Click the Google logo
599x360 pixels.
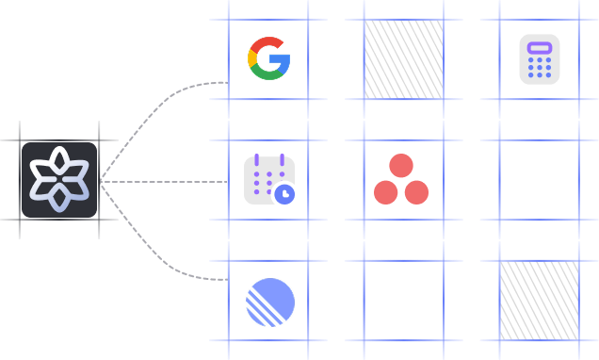268,58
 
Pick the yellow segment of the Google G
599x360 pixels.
251,58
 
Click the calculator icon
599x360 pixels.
540,59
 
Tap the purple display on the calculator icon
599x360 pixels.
540,47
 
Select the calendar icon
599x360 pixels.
267,180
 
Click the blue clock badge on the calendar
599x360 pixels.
283,194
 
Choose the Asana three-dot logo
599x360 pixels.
401,179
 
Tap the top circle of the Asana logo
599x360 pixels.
401,166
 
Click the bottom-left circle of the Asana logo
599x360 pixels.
386,192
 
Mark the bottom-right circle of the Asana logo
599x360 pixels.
416,192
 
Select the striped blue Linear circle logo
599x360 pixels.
270,303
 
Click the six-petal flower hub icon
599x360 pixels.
59,180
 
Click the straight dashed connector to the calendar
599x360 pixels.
165,181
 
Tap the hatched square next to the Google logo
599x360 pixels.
403,58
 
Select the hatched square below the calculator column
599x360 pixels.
539,300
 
